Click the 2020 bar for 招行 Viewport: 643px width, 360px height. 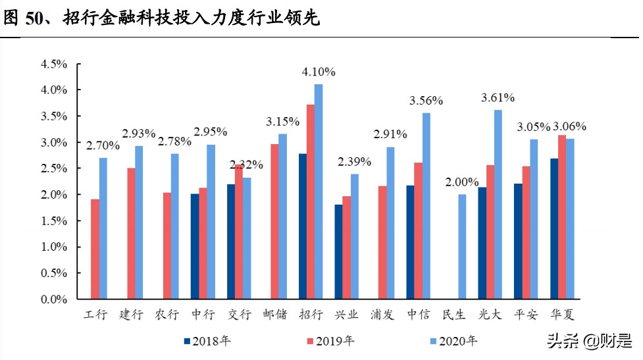point(319,192)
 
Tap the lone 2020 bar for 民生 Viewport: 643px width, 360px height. point(462,247)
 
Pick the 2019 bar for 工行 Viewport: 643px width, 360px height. point(95,249)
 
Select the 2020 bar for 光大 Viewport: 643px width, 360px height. point(498,205)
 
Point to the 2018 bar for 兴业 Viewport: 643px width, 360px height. point(338,252)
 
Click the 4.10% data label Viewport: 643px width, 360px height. point(319,72)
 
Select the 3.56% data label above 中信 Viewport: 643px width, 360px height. point(426,101)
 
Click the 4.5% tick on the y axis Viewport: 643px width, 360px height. point(54,64)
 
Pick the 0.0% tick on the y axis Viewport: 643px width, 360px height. point(54,299)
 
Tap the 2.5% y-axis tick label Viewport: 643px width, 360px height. point(54,168)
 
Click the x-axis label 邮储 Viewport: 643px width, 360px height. point(274,315)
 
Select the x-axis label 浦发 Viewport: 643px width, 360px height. point(382,315)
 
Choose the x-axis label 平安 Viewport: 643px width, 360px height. point(525,315)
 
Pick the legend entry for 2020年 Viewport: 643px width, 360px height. point(453,341)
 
